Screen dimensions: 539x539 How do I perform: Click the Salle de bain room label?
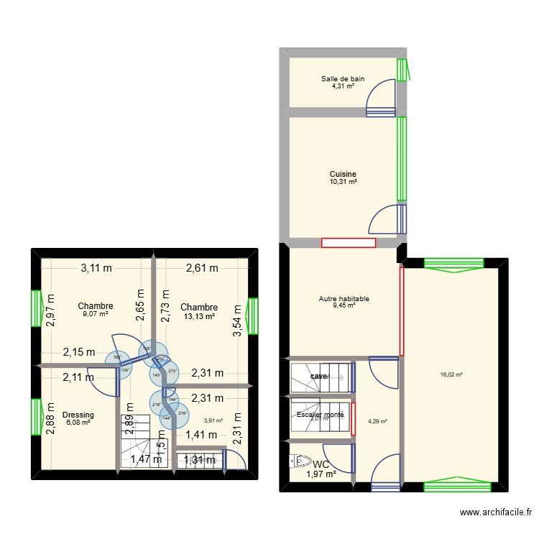click(x=343, y=79)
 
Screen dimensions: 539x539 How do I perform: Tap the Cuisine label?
click(x=343, y=174)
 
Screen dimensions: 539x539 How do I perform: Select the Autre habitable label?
click(x=344, y=298)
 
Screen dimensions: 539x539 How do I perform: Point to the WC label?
click(x=321, y=464)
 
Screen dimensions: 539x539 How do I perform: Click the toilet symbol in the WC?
click(x=296, y=460)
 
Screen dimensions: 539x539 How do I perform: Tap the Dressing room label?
click(x=78, y=415)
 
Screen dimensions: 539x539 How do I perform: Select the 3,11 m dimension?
click(x=96, y=269)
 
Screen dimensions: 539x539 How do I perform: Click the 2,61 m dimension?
click(x=202, y=269)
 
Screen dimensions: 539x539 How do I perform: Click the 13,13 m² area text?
click(x=199, y=315)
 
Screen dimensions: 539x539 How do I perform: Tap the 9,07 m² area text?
click(x=96, y=314)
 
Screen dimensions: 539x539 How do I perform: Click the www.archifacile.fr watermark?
click(x=497, y=512)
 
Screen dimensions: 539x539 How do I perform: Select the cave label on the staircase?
click(x=318, y=377)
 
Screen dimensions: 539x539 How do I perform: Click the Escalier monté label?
click(x=320, y=415)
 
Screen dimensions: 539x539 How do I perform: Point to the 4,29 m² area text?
click(x=377, y=422)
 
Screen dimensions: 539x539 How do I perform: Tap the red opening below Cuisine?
click(x=349, y=243)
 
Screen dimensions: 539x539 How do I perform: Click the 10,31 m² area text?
click(x=343, y=183)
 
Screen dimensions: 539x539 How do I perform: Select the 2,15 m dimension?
click(x=78, y=352)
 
